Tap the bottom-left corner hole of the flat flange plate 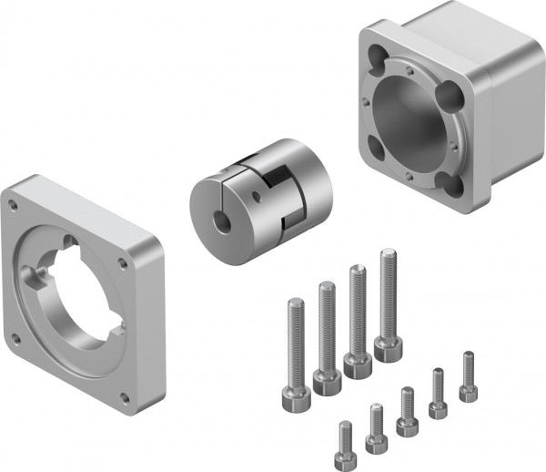(x=15, y=342)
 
